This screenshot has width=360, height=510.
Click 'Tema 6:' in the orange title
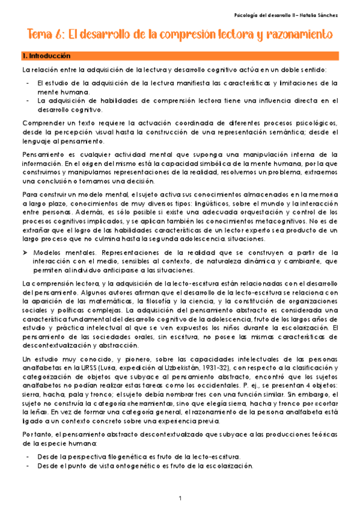(43, 35)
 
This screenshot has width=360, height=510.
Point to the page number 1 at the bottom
(180, 497)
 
